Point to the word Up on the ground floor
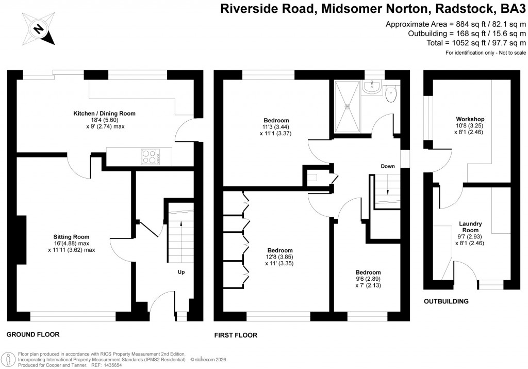click(181, 272)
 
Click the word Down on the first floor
click(388, 167)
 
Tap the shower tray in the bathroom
click(347, 106)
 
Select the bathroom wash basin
click(371, 87)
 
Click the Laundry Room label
click(471, 227)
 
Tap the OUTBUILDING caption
click(446, 301)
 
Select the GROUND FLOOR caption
click(33, 334)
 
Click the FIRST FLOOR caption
click(236, 335)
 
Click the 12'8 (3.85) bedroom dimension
click(280, 256)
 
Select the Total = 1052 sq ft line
click(475, 43)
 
